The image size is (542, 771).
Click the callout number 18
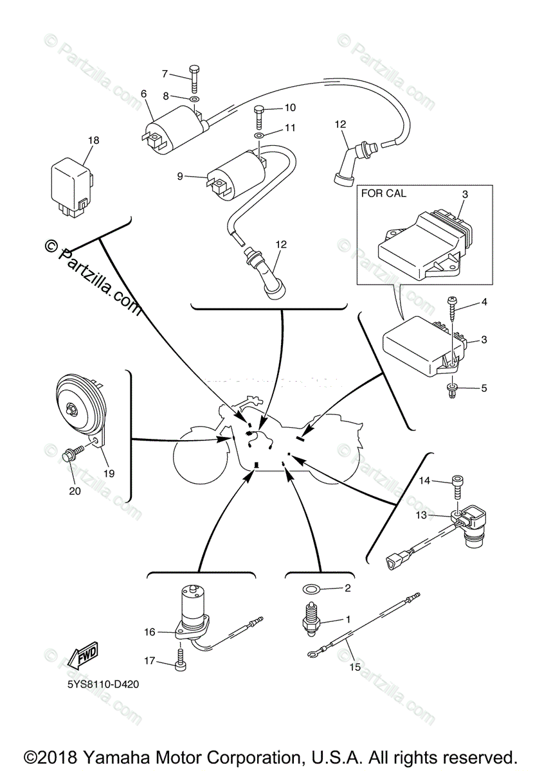94,139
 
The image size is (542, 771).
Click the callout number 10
289,107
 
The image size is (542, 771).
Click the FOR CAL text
383,193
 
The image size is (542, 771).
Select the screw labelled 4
452,314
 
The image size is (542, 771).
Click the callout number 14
424,480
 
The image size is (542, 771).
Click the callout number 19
108,474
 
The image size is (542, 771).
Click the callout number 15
355,666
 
